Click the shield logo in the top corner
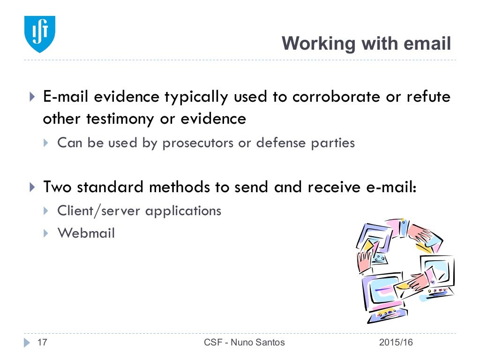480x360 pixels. pos(40,34)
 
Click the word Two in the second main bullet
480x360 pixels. pos(58,187)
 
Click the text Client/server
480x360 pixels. pos(99,211)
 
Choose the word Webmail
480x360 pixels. pos(86,233)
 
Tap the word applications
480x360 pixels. pos(183,211)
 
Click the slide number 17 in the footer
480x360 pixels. pos(42,343)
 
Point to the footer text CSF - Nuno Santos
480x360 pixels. pos(244,343)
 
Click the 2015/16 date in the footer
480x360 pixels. pos(396,343)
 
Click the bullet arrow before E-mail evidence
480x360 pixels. pos(32,97)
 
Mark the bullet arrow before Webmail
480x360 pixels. pos(46,233)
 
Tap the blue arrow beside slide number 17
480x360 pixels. pos(27,343)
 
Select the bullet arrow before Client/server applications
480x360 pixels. pos(46,211)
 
